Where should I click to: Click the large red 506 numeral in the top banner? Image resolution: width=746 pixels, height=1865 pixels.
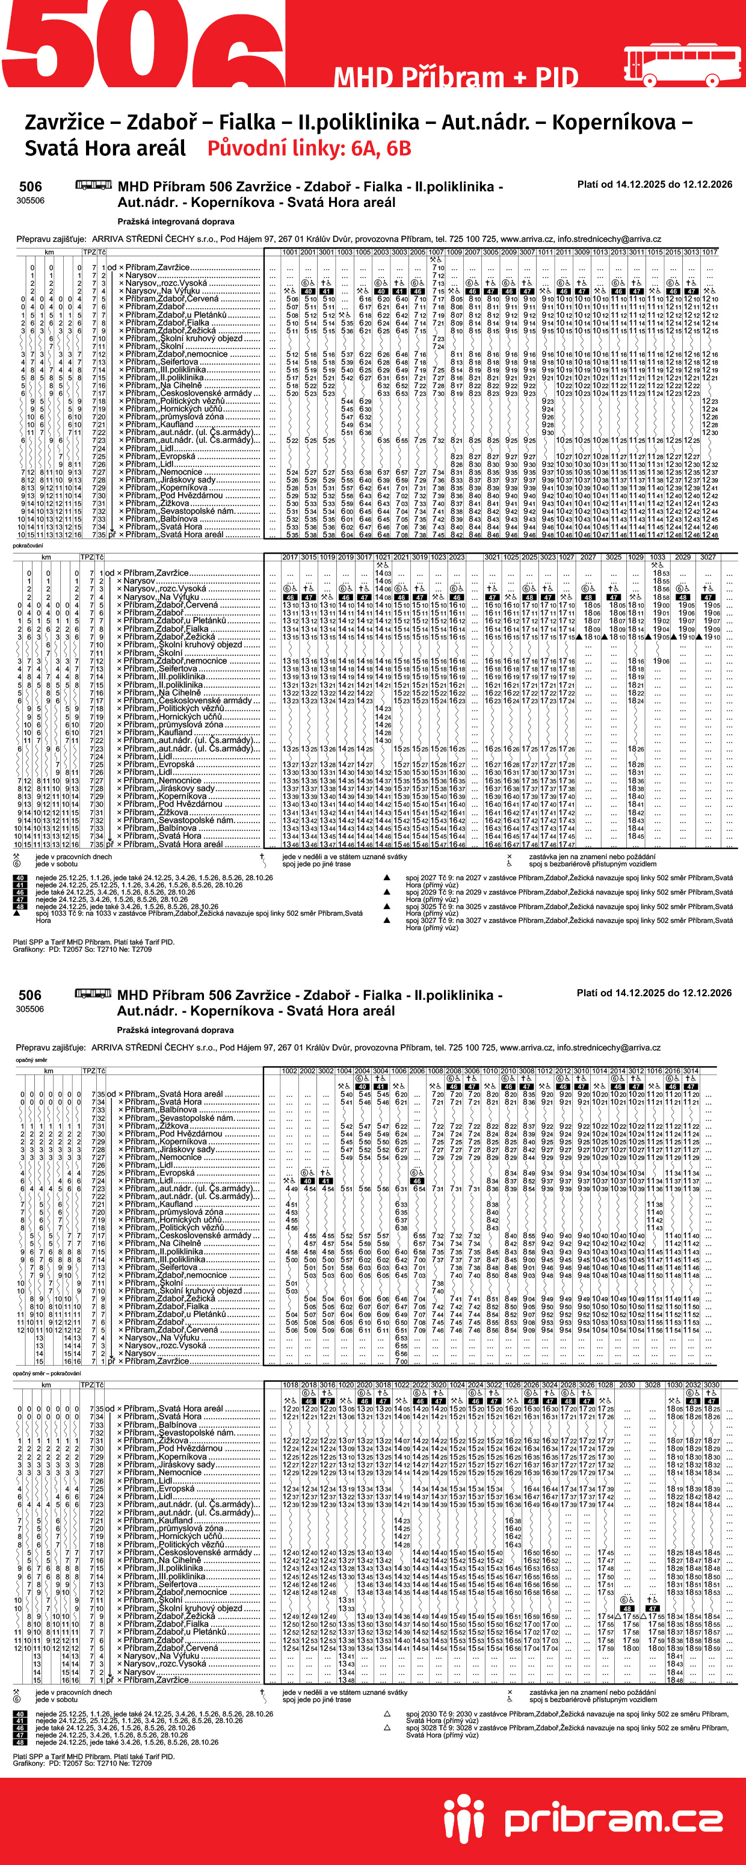coord(145,43)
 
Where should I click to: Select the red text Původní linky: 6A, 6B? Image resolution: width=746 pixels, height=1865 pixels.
coord(309,149)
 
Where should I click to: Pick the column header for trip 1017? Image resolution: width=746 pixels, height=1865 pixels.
coord(709,252)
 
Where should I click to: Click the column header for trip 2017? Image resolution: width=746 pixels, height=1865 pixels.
coord(290,556)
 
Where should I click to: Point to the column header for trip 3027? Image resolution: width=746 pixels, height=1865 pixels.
coord(707,556)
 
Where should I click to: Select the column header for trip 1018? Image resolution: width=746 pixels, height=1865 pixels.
coord(291,1384)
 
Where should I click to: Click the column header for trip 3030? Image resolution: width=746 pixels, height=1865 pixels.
coord(711,1384)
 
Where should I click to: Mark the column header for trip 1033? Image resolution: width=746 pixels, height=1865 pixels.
coord(657,556)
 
